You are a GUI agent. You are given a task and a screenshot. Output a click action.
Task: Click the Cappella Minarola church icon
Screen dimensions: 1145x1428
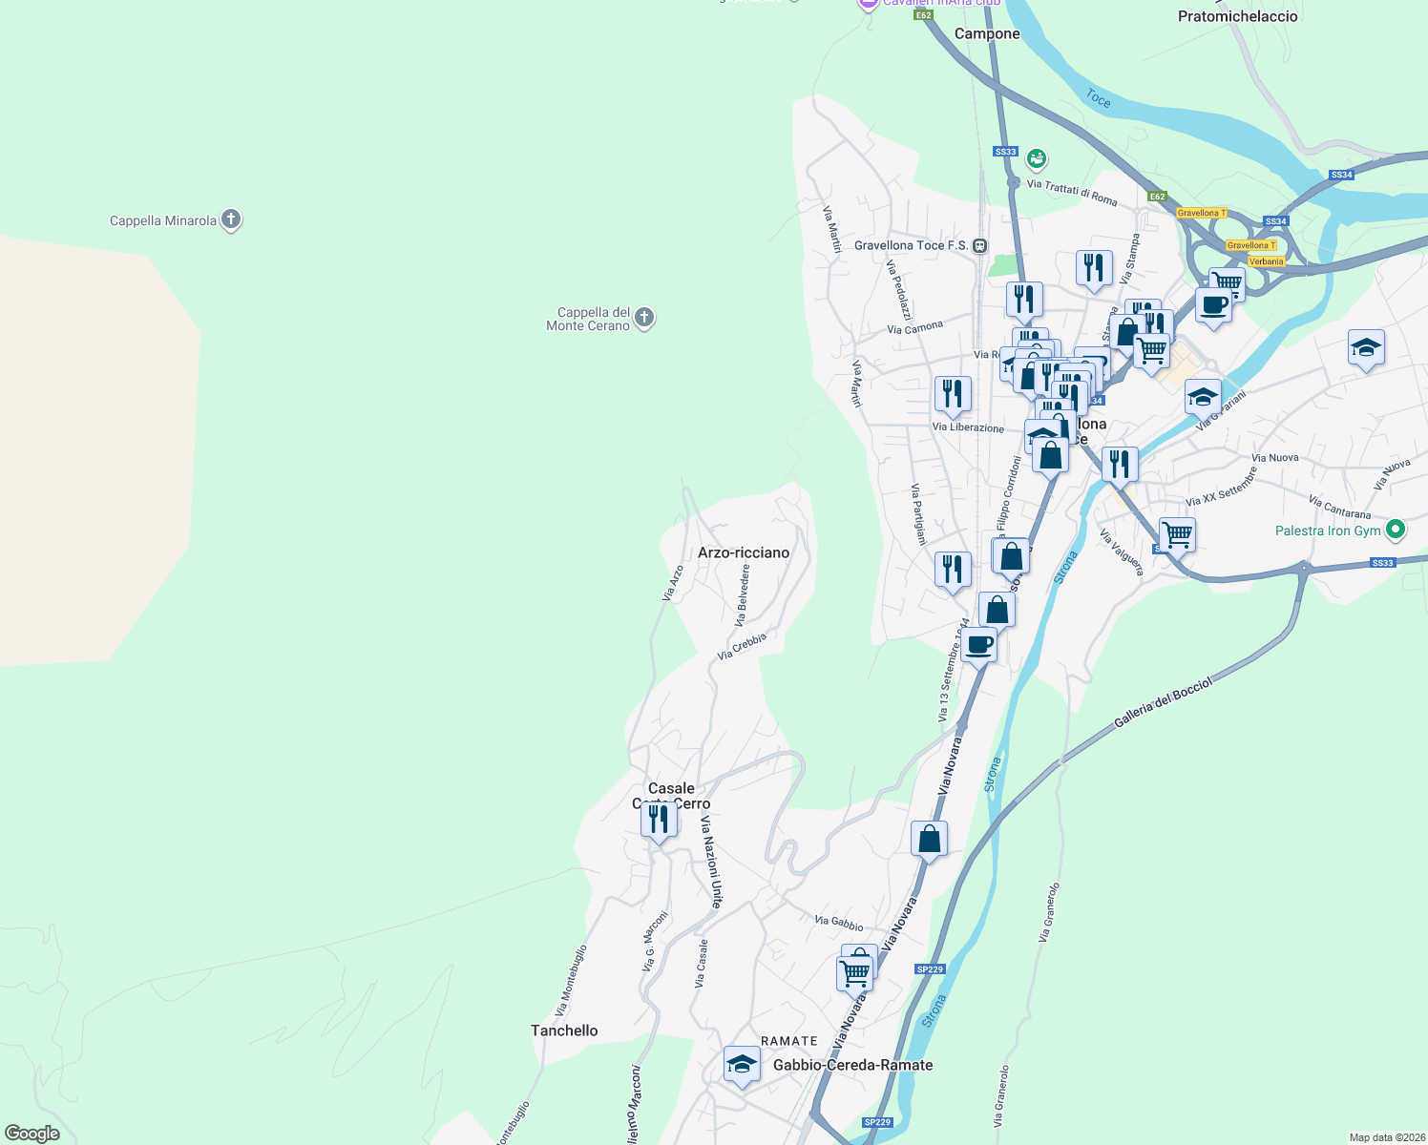230,220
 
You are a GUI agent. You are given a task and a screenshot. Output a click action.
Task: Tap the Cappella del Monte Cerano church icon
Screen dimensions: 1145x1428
644,318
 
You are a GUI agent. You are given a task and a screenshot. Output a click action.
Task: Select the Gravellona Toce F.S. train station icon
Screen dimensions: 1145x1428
979,245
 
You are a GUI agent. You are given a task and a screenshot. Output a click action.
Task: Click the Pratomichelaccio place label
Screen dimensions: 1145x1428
1237,16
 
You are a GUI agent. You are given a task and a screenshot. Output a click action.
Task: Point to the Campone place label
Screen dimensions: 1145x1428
987,33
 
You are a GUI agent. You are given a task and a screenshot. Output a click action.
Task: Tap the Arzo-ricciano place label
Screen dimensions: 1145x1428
744,552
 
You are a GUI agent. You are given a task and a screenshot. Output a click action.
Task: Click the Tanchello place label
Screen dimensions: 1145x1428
564,1030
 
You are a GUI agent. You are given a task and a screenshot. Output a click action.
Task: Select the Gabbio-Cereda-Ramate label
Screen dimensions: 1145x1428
852,1065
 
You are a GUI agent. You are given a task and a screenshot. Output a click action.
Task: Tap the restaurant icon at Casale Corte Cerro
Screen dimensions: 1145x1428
659,819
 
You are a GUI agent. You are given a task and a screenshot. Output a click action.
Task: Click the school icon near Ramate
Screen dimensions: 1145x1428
742,1063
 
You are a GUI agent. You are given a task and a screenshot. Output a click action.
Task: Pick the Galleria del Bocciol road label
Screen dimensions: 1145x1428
1163,703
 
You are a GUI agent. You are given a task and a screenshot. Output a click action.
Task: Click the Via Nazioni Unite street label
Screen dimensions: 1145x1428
711,861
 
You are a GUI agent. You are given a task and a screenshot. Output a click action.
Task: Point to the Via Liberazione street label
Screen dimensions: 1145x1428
968,427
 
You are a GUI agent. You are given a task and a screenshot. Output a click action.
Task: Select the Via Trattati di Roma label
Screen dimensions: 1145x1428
1072,192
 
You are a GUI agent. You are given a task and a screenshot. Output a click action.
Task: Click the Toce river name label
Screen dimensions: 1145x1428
1098,98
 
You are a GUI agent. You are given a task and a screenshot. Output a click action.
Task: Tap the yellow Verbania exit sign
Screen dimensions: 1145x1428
1266,261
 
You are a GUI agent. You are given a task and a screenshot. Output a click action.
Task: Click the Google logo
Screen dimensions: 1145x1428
32,1134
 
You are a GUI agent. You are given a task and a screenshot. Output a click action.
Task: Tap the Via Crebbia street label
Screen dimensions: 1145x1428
742,646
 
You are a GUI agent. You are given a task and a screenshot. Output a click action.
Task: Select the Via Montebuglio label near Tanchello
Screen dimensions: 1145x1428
570,981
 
